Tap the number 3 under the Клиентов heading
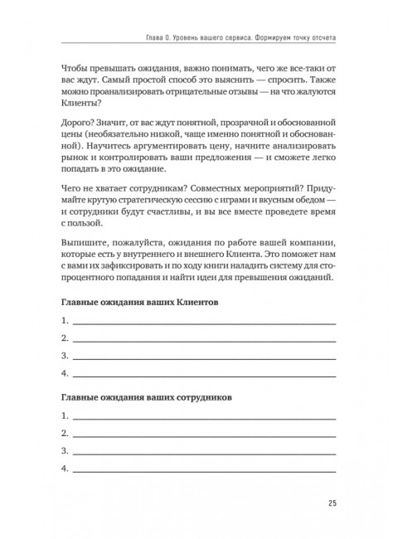(65, 355)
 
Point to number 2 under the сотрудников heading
(65, 434)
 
